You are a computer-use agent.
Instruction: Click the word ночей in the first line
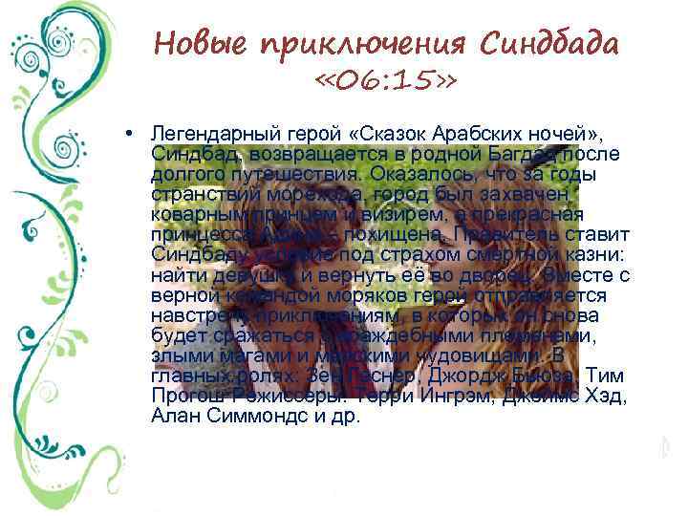tap(486, 137)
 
